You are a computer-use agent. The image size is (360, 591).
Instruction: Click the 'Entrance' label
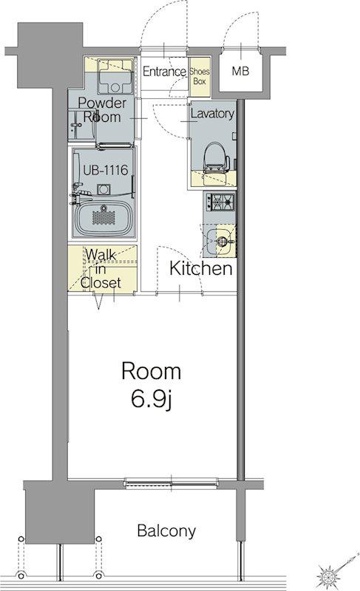click(164, 71)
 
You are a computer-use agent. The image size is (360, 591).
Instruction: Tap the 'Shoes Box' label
click(200, 76)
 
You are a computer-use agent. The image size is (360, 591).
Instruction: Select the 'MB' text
click(240, 70)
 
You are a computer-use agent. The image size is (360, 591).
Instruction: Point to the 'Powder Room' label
click(102, 109)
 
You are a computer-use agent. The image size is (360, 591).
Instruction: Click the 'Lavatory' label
click(212, 114)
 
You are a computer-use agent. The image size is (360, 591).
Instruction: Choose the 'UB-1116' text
click(106, 170)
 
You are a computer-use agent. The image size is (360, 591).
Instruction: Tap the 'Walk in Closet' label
click(101, 269)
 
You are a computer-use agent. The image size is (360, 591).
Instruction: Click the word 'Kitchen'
click(200, 268)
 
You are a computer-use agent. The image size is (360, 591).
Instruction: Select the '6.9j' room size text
click(152, 400)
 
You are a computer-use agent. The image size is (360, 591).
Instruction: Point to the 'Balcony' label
click(166, 531)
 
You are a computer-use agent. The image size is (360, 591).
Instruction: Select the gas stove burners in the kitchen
click(220, 202)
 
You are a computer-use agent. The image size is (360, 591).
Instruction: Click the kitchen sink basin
click(219, 239)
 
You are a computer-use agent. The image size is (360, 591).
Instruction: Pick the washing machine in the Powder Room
click(115, 77)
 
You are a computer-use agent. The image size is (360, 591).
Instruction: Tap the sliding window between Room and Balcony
click(171, 482)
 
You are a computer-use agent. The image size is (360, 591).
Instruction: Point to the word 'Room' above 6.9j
click(151, 372)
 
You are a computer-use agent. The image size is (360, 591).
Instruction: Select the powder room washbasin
click(82, 126)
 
